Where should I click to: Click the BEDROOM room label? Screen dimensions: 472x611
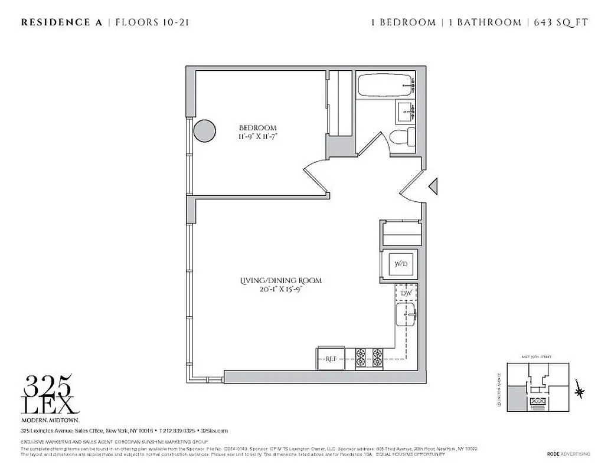pos(257,128)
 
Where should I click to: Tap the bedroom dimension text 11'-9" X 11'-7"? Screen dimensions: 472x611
pos(257,136)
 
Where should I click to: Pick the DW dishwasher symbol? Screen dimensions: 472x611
pos(406,293)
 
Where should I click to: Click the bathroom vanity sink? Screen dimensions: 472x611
pos(405,110)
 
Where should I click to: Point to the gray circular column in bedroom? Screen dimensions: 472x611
pos(205,130)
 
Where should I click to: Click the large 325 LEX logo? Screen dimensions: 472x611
pos(50,395)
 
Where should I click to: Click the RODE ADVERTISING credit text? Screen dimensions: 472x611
pos(568,454)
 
